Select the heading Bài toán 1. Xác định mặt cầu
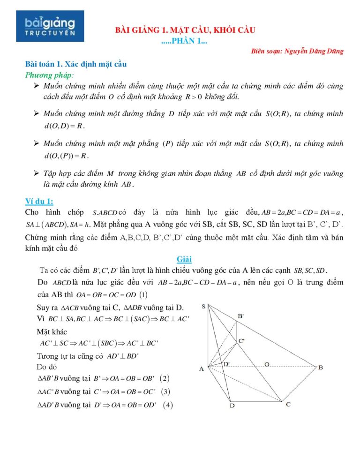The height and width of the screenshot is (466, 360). (76, 64)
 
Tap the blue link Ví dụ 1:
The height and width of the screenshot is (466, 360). (39, 202)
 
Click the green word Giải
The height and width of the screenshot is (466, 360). (184, 259)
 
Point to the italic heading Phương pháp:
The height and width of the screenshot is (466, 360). (49, 75)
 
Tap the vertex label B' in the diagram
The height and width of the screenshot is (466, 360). (240, 316)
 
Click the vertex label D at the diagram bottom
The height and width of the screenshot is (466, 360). (232, 406)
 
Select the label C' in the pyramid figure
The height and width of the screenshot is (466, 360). (241, 341)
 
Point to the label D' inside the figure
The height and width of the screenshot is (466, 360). (226, 364)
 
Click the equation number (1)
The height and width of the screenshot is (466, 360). (143, 295)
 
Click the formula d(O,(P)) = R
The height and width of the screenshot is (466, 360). (66, 155)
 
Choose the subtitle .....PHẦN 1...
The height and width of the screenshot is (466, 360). (184, 42)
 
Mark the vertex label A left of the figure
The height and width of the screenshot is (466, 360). (202, 368)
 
